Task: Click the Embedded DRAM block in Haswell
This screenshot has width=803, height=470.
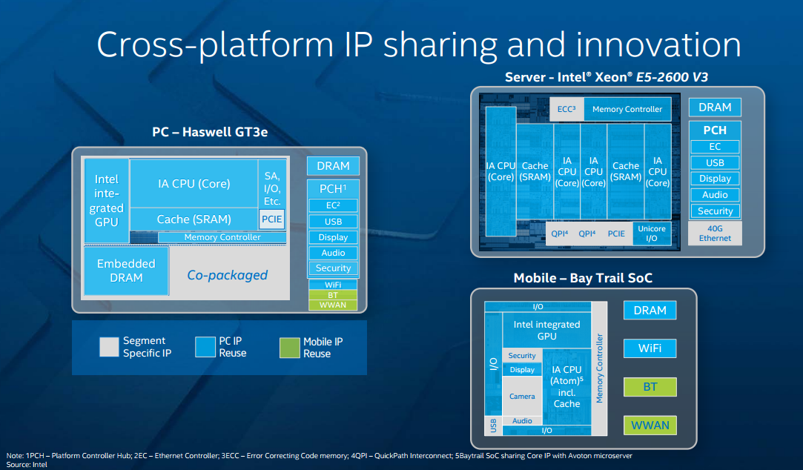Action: point(126,271)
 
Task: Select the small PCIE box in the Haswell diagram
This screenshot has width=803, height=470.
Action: point(271,219)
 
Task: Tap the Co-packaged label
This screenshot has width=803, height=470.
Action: point(227,275)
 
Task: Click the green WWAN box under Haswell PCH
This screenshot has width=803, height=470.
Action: point(333,305)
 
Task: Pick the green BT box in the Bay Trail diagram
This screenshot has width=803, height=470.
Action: point(650,386)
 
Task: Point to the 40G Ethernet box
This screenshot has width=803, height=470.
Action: point(715,234)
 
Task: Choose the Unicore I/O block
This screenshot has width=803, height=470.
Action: point(652,234)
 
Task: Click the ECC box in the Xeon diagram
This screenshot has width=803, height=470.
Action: point(566,109)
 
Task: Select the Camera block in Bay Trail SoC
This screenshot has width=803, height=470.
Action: point(522,397)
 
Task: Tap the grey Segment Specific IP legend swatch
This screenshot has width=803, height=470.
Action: point(109,347)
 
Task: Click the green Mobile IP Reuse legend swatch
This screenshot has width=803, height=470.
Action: point(289,347)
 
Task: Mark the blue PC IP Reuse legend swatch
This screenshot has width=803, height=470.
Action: point(205,347)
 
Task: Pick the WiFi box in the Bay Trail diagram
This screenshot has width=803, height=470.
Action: point(650,348)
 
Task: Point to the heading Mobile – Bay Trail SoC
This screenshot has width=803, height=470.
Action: point(583,278)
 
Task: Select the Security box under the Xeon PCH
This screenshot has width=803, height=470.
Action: point(715,211)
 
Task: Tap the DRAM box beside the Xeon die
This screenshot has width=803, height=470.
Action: point(715,107)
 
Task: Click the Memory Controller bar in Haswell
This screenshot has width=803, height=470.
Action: point(222,237)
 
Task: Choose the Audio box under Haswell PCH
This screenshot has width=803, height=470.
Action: point(333,253)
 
